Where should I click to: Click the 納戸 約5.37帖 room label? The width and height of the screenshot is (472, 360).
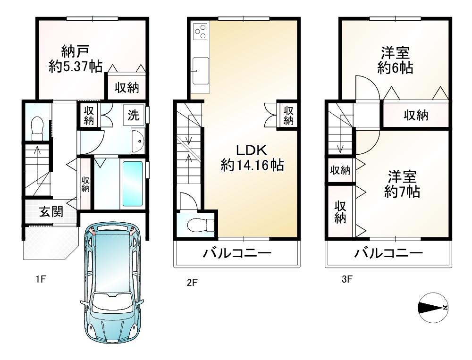76,58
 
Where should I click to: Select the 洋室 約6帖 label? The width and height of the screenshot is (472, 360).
396,60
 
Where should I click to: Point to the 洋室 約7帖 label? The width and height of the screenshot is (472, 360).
402,184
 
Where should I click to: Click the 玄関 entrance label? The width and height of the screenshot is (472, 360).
51,212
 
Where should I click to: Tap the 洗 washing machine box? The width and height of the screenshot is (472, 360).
134,115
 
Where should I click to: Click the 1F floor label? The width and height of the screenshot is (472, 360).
40,279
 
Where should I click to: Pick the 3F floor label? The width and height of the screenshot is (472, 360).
347,279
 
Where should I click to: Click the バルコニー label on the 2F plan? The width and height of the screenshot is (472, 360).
237,254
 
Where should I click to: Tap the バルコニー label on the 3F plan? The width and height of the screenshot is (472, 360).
388,254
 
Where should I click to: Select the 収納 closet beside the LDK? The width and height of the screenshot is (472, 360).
289,115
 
